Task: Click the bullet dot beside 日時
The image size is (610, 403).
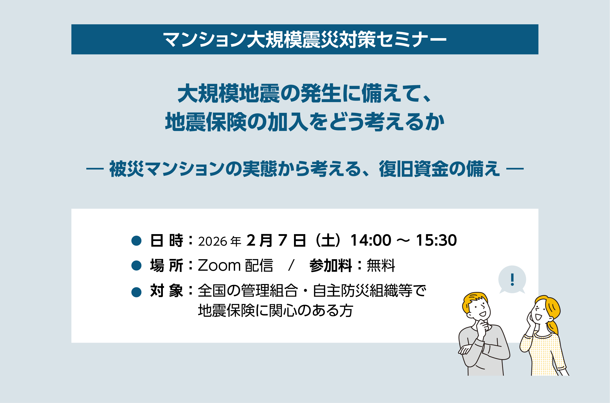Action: click(136, 241)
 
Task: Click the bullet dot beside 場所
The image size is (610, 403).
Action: click(136, 266)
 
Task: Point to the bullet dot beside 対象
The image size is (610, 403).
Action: click(136, 292)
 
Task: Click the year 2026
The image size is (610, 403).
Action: click(212, 241)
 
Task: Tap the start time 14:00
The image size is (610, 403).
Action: click(371, 240)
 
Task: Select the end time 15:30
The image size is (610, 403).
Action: click(436, 240)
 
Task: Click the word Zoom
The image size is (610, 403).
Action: click(219, 266)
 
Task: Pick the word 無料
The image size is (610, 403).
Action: click(381, 266)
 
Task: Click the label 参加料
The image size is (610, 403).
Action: click(331, 266)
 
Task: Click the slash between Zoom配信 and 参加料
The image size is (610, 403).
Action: click(291, 266)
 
